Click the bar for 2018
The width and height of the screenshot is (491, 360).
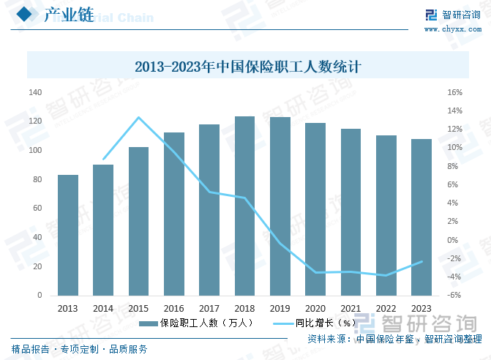tap(244, 206)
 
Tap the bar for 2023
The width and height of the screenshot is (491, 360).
tap(421, 217)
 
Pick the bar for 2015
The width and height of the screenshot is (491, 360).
tap(138, 221)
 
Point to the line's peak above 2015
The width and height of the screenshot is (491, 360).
tap(138, 117)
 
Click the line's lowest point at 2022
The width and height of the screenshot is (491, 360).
tap(386, 275)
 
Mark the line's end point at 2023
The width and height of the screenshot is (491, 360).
tap(421, 261)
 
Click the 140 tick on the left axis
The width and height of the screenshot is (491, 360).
tap(35, 93)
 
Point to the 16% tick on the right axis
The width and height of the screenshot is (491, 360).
tap(454, 93)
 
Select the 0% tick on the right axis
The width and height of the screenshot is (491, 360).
tap(453, 240)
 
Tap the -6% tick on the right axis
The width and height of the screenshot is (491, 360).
tap(454, 296)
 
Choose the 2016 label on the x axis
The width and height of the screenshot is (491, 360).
tap(173, 309)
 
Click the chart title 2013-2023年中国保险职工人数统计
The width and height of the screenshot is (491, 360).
tap(249, 67)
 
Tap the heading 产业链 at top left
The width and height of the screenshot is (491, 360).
tap(69, 15)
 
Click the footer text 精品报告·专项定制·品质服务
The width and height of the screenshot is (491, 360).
tap(79, 348)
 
